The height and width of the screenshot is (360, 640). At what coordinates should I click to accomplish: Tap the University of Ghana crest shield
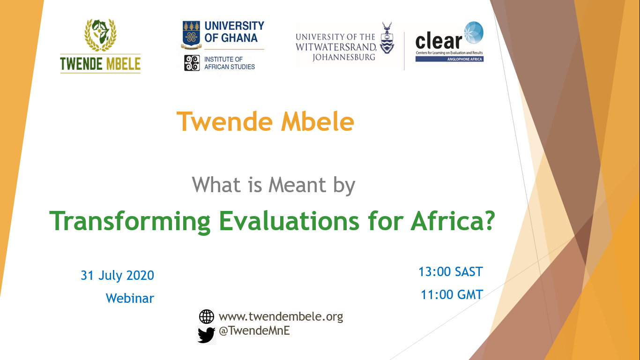coord(191,34)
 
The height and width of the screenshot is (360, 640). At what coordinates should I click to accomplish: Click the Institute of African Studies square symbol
coord(192,63)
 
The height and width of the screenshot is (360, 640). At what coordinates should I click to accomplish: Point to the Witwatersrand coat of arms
coord(387,38)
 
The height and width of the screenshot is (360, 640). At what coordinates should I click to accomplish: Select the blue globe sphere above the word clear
coord(474,32)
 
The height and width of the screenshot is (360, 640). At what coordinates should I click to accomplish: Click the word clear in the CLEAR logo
coord(439,42)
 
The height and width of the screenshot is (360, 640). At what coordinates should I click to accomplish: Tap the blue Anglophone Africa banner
coord(449,59)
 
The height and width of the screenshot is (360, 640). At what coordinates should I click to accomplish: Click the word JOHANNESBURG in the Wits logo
coord(344,57)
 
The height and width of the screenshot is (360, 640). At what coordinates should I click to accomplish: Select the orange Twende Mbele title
coord(266,122)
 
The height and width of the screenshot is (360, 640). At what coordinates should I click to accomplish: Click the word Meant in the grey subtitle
coord(297,185)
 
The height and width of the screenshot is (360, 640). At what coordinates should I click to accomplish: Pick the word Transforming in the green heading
coord(130,222)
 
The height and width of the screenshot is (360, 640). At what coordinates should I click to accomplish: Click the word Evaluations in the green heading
coord(289,221)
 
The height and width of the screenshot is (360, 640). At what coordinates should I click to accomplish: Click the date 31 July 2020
coord(118,276)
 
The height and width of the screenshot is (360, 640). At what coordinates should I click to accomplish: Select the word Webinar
coord(130,299)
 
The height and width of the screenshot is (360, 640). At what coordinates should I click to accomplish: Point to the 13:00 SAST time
coord(451,272)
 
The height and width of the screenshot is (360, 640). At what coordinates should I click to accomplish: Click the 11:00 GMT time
coord(452,295)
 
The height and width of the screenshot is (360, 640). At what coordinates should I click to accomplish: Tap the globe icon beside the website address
coord(206,317)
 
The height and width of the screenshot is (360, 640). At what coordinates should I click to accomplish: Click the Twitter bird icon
coord(206,335)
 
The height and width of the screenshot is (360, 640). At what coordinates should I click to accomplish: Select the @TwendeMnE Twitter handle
coord(254,331)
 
